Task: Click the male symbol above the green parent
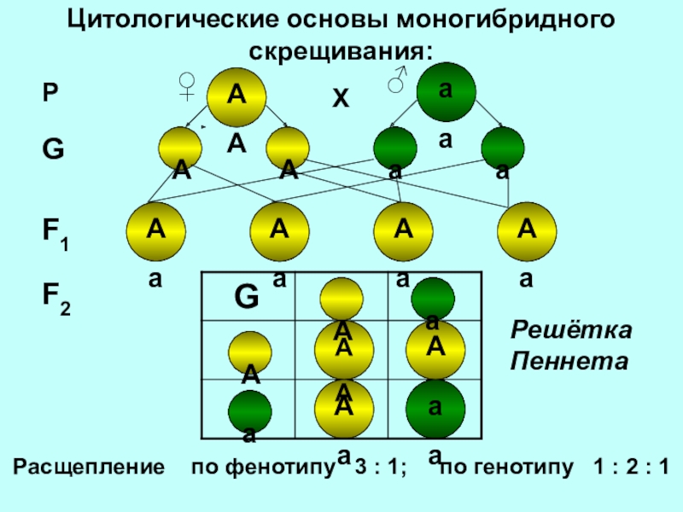coord(397,79)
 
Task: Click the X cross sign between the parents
coord(341,99)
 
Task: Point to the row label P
coord(51,95)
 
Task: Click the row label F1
coord(57,233)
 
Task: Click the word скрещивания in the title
coord(342,50)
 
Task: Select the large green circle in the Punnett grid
coord(435,409)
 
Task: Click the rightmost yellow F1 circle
coord(528,232)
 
